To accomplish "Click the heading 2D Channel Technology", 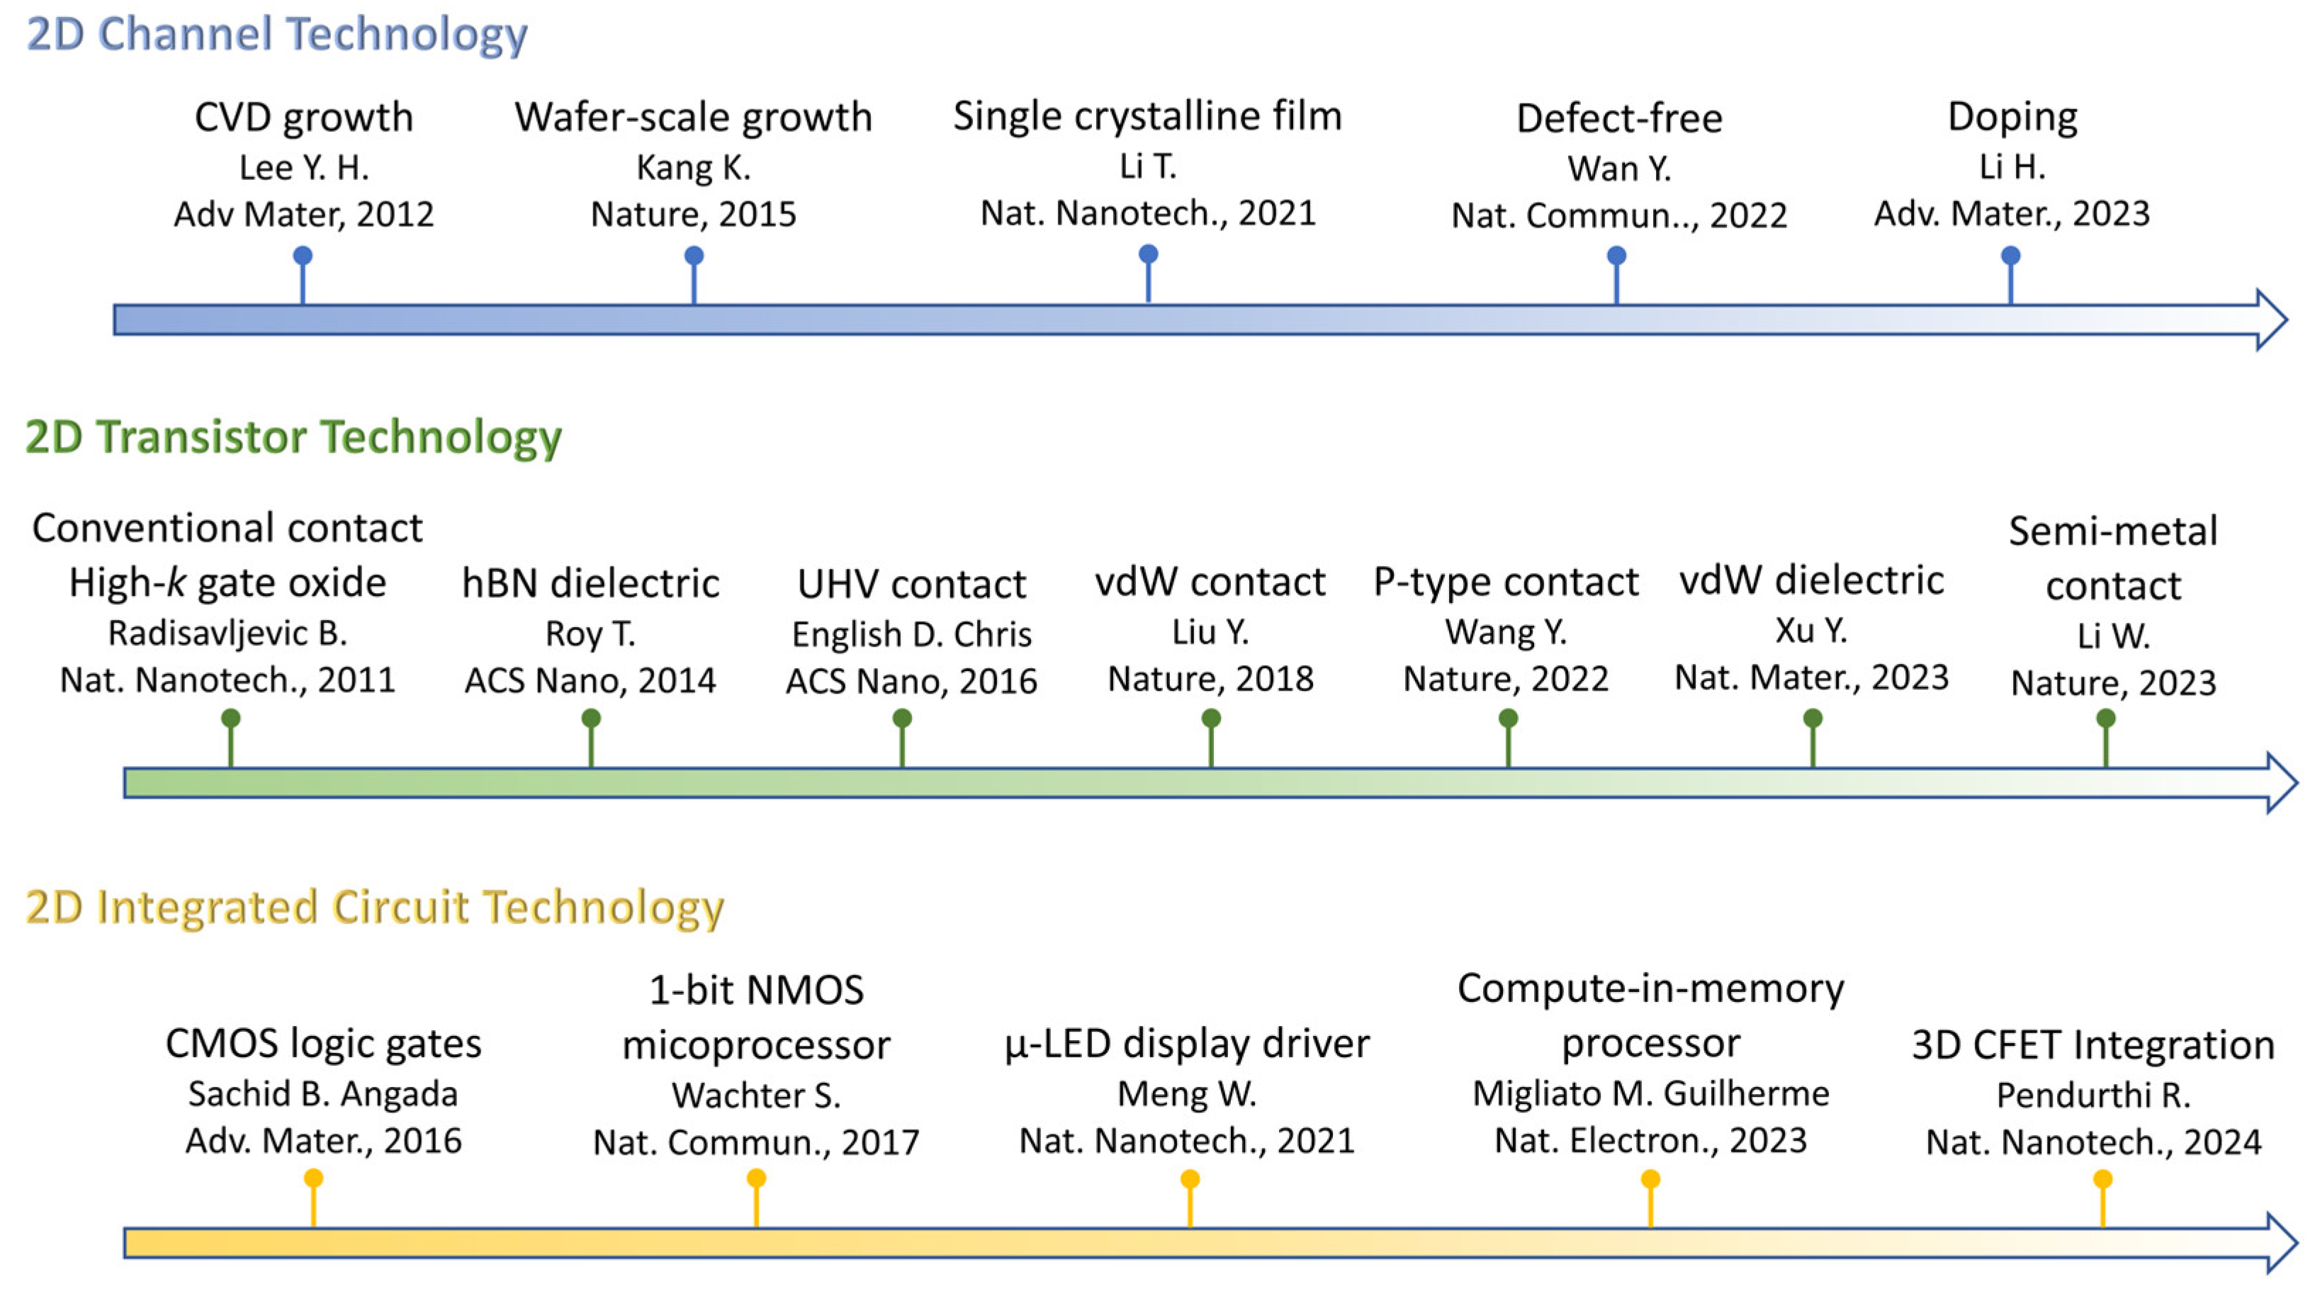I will [277, 34].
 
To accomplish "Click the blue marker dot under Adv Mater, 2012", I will [303, 256].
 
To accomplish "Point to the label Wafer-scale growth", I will [693, 117].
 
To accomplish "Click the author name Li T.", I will [1148, 167].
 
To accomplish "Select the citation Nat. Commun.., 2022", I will [1618, 215].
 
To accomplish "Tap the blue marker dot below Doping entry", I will [2010, 256].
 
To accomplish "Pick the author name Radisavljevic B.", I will [227, 633].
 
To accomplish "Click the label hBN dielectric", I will [590, 583].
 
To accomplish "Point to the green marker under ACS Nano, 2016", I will [902, 718].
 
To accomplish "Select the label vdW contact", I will [1210, 582].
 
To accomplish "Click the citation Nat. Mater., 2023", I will [1811, 677].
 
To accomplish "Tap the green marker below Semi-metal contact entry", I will [2105, 718].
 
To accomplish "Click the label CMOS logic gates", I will [322, 1044].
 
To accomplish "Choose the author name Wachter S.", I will [756, 1095].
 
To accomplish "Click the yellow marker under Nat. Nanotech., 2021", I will [1190, 1179].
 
